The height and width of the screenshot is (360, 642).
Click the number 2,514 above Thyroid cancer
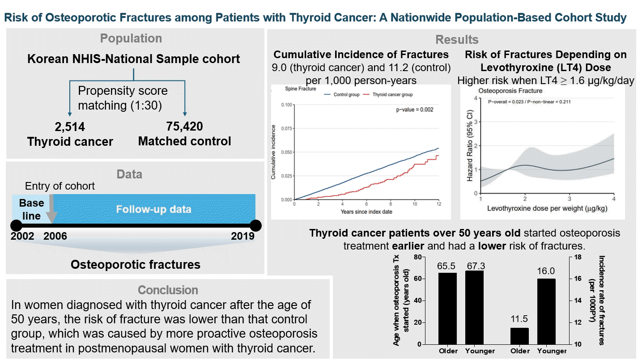tap(70, 127)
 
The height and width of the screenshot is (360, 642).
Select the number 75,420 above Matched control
tap(185, 126)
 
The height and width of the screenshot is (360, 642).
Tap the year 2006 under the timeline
tap(55, 236)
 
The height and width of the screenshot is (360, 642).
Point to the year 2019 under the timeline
tap(243, 236)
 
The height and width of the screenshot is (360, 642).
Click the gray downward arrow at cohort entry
tap(51, 209)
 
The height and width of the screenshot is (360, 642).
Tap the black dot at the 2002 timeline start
tap(17, 226)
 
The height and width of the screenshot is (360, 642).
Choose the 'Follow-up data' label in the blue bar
tap(153, 209)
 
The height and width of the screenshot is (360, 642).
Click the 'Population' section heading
tap(131, 38)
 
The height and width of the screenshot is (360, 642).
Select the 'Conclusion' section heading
tap(168, 290)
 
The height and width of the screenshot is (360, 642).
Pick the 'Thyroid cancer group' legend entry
tap(388, 94)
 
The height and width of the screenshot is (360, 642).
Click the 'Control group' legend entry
tap(342, 94)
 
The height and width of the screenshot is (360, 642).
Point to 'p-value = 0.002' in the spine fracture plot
tap(415, 110)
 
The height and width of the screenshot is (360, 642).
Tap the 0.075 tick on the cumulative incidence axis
tap(286, 129)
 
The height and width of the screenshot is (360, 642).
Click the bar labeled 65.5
tap(448, 309)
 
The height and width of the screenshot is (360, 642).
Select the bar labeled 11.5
tap(519, 336)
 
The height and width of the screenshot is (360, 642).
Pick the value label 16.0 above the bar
tap(546, 271)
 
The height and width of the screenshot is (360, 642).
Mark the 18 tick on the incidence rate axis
tap(578, 257)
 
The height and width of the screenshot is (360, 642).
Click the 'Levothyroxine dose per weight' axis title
tap(547, 208)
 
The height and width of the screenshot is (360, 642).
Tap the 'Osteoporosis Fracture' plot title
tap(510, 91)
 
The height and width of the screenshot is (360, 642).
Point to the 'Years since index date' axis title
tap(366, 212)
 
